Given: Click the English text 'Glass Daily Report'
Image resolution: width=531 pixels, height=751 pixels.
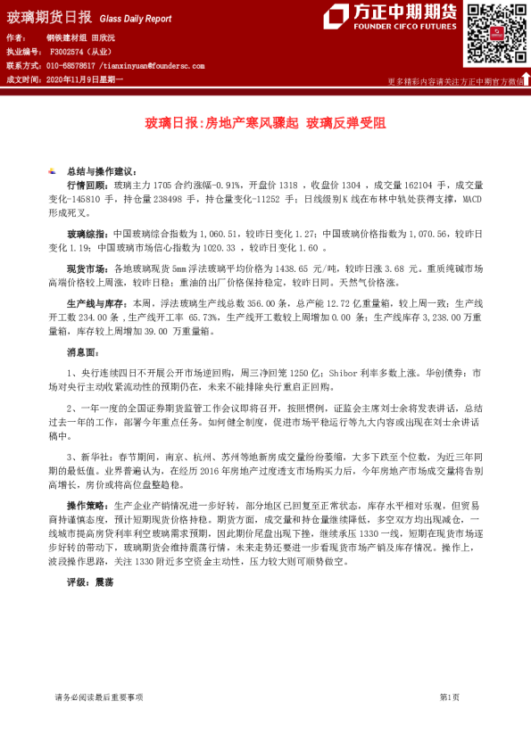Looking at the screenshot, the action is point(135,18).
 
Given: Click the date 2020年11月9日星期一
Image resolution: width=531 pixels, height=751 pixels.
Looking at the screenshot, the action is point(84,79).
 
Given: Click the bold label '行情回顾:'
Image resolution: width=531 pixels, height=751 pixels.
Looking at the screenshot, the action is point(89,182).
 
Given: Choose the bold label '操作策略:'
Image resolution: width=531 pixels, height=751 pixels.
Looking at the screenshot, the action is point(89,505).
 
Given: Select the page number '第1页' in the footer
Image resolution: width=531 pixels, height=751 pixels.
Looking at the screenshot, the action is point(449,697).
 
